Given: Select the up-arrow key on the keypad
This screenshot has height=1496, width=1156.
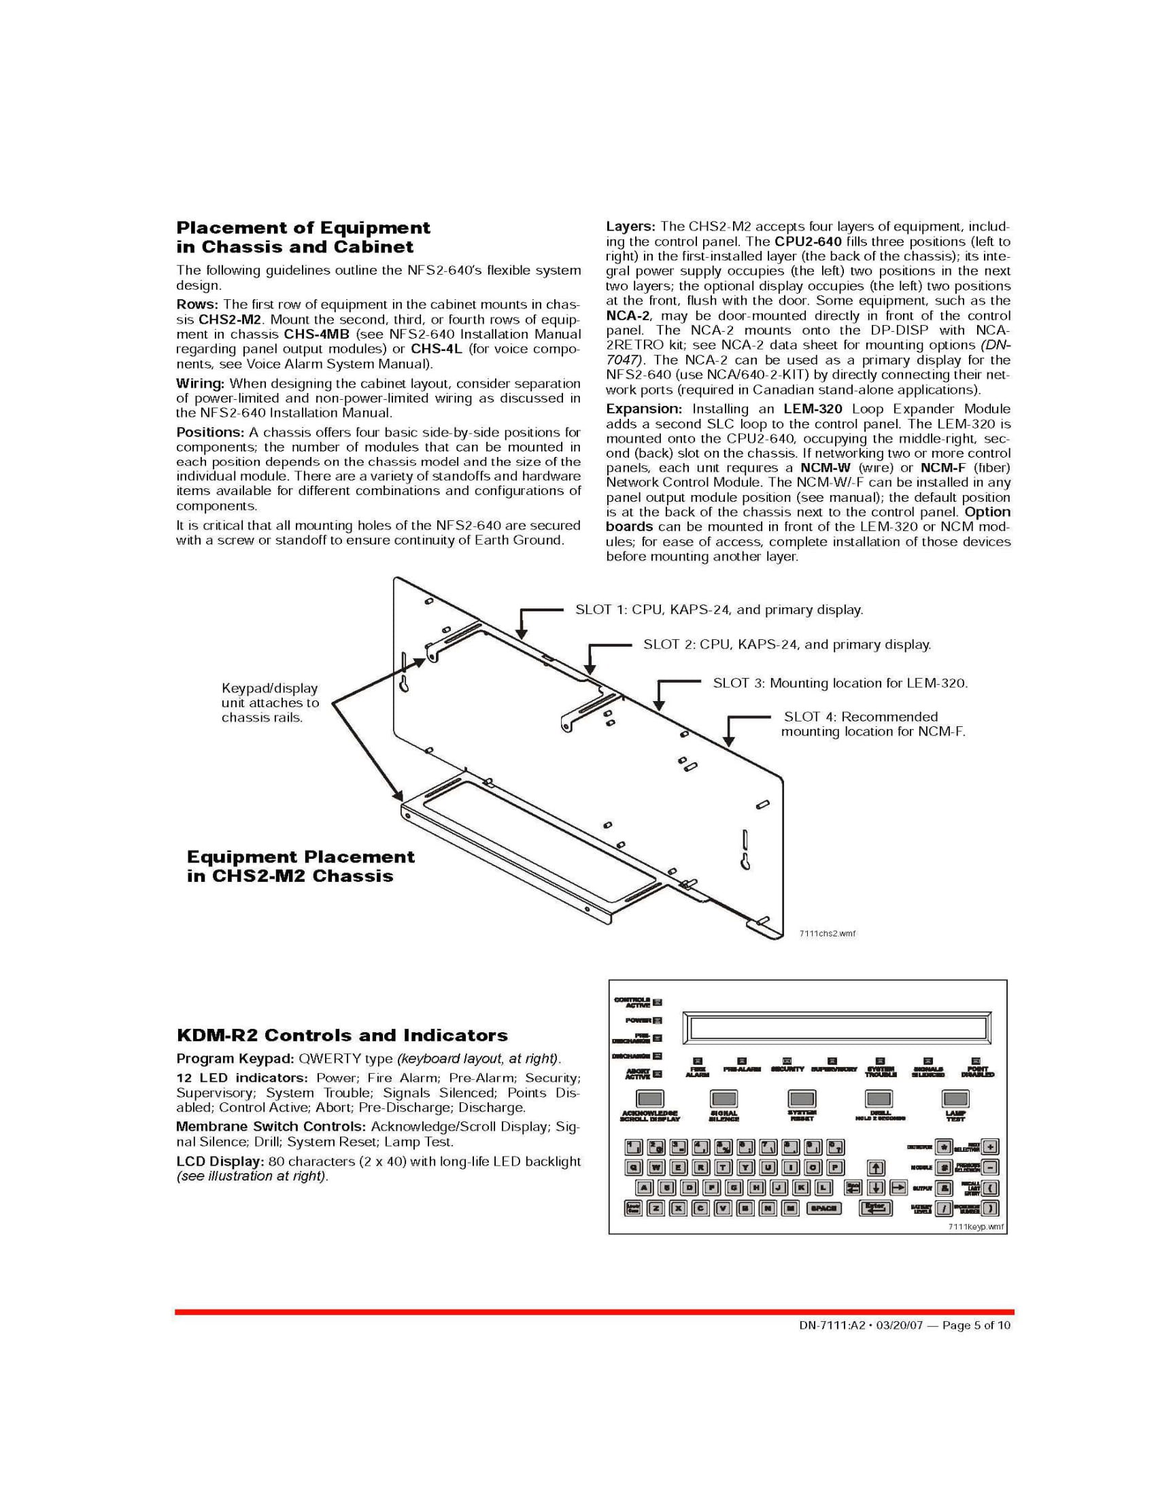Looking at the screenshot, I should tap(875, 1168).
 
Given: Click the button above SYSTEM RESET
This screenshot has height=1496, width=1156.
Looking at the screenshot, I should tap(801, 1099).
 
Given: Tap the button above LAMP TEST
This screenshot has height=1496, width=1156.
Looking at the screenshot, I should tap(955, 1099).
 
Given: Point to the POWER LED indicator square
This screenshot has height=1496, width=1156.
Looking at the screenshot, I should tap(658, 1021).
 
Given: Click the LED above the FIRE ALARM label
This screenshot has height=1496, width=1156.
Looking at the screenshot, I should tap(698, 1061).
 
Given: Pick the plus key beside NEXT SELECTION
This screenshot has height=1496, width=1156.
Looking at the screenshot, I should tap(990, 1146).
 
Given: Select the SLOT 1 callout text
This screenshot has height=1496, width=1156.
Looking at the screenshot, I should tap(719, 610).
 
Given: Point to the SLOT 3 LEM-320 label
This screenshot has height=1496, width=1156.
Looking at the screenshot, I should tap(840, 683).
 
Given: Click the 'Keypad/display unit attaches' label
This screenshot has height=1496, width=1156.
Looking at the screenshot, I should tap(270, 703).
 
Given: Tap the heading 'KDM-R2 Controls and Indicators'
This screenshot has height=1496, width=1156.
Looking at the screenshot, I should tap(342, 1035).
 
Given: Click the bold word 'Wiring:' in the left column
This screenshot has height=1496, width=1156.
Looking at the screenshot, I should tap(200, 384).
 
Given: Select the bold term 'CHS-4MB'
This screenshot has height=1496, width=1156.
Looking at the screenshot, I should tap(316, 335).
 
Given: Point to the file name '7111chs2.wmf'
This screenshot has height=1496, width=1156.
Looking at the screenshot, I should tap(828, 934).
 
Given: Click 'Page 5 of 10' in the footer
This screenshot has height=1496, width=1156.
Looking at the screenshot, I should tap(976, 1325).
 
